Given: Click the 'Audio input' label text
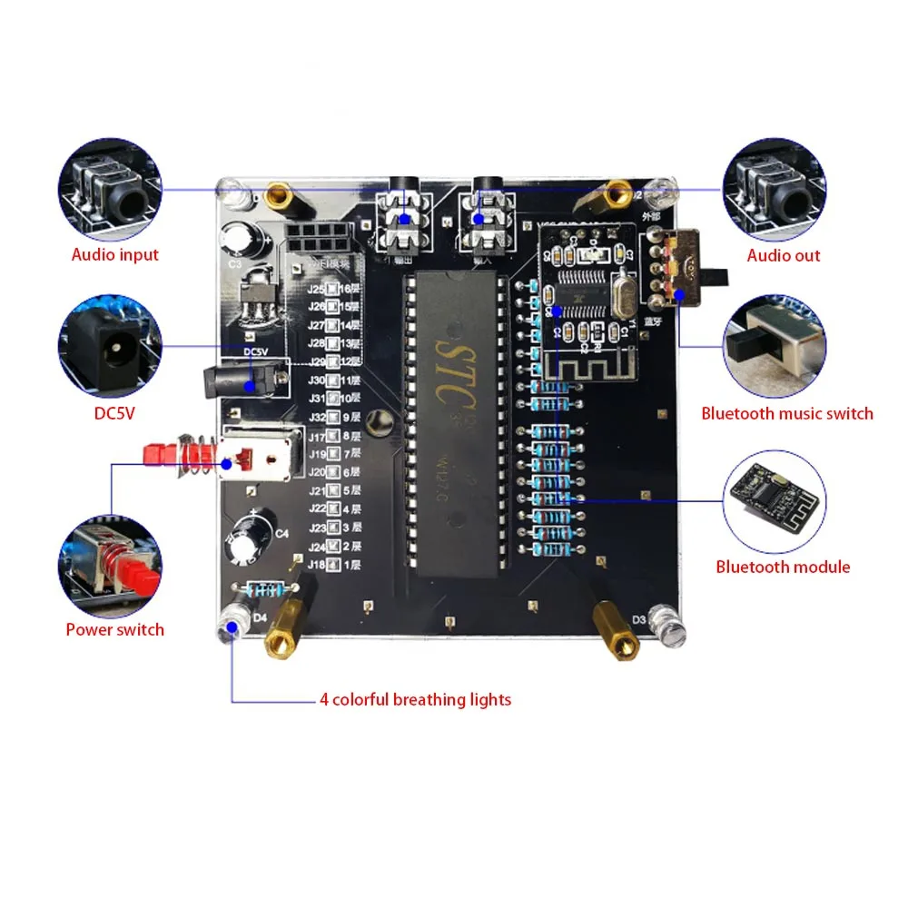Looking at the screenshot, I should tap(114, 255).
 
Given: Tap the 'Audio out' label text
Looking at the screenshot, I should tap(783, 255).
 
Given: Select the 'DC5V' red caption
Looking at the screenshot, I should tap(114, 413).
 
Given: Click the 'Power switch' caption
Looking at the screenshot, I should tap(114, 629).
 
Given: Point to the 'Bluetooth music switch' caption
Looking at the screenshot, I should tap(786, 414).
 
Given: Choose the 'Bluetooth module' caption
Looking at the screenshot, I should tap(783, 567).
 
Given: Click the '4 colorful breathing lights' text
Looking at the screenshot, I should tap(415, 699).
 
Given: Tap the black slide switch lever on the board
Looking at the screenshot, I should tap(719, 273).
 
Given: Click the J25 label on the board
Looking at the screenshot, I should tap(318, 290).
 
